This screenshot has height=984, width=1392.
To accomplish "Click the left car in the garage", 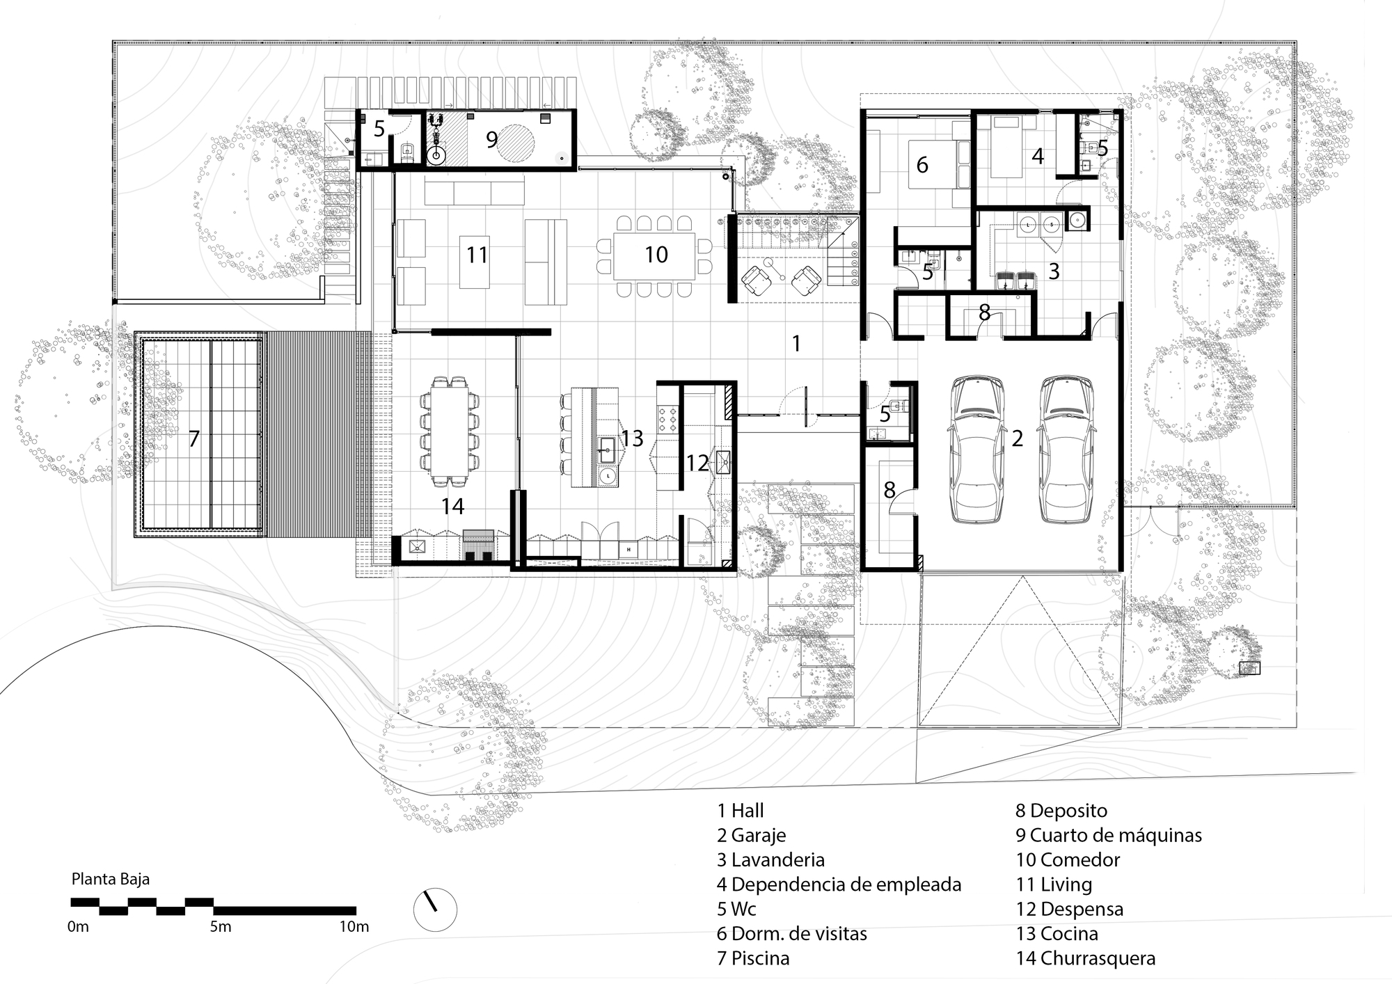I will [976, 449].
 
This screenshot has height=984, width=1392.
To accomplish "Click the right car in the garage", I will [1066, 449].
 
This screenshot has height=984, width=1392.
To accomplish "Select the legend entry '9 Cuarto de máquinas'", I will [1108, 835].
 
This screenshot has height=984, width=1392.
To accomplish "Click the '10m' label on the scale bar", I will [354, 927].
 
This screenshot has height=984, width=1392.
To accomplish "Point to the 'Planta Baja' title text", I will [111, 879].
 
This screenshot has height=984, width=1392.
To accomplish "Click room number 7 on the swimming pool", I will [194, 438].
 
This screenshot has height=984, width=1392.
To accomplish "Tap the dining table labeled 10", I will [654, 255].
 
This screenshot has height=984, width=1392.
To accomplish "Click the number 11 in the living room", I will [477, 255].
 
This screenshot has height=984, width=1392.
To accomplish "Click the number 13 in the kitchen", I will [632, 438].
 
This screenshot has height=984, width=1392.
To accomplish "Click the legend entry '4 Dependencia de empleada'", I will [839, 884].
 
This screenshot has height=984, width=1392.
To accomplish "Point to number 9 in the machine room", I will [491, 140].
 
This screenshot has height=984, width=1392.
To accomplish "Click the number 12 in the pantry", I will [697, 463].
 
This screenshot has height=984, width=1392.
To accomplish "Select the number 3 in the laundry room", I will [1053, 271].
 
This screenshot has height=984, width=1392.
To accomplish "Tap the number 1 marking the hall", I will [796, 343].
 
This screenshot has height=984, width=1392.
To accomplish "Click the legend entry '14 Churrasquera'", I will [1085, 958].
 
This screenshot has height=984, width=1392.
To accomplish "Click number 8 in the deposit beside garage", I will [889, 490].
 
